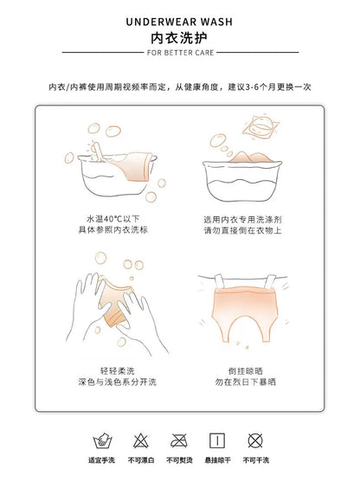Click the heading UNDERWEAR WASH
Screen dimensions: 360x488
tap(179, 22)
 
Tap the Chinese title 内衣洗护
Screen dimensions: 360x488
tap(179, 38)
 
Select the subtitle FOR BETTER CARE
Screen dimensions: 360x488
tap(181, 53)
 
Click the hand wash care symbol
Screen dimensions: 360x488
tap(102, 440)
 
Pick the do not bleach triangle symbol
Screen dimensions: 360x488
tap(141, 440)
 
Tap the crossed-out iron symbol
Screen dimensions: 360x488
tap(179, 440)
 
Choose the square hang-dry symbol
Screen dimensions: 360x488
tap(217, 440)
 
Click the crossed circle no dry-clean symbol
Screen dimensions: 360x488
tap(255, 440)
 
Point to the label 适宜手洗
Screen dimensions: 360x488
tap(101, 460)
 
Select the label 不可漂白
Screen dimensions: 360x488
tap(141, 460)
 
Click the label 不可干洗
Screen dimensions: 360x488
tap(256, 460)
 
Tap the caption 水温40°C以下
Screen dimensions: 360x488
tap(113, 219)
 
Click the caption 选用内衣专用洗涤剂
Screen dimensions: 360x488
tap(242, 220)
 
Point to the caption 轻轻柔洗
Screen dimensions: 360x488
tap(118, 370)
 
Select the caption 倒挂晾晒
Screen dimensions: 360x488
tap(246, 370)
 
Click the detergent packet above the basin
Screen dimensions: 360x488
tap(260, 127)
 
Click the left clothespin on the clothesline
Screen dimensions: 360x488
tap(220, 283)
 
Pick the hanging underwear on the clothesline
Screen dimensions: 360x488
tap(244, 312)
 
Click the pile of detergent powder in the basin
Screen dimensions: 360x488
tap(251, 157)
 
